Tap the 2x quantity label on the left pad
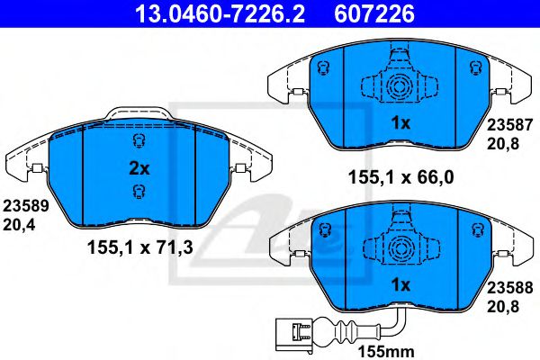tap(139, 167)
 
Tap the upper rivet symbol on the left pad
tap(138, 141)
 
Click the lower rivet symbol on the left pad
tap(138, 190)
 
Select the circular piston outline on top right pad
tap(397, 86)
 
